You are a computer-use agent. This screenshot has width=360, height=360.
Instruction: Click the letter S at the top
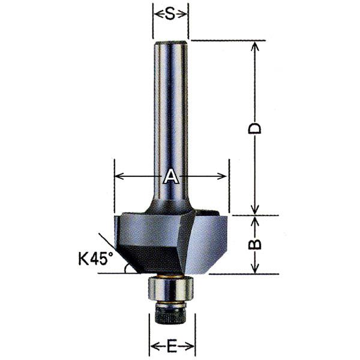[x=170, y=14]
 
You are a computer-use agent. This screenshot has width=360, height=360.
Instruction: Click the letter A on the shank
[x=170, y=176]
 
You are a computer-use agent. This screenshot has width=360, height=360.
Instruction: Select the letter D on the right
[x=254, y=128]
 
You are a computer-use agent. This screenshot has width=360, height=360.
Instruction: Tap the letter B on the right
[x=254, y=244]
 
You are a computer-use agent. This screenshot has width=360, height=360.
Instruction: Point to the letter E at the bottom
[x=172, y=346]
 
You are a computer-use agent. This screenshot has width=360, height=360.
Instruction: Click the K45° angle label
[x=96, y=259]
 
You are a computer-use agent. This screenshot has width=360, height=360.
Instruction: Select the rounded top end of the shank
[x=171, y=43]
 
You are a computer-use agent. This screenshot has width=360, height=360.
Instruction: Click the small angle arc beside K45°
[x=125, y=269]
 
